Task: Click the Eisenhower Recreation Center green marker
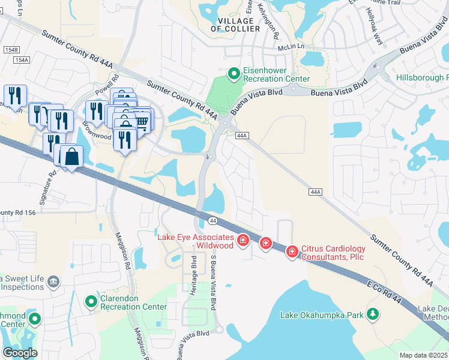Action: pos(235,73)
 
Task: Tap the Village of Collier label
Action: pos(235,25)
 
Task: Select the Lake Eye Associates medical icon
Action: pos(243,241)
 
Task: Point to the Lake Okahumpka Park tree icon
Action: pos(373,314)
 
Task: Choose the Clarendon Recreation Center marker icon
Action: pos(91,301)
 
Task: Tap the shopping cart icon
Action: pos(142,122)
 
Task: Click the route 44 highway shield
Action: pos(212,221)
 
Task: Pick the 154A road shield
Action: pos(21,60)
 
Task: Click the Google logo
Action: pos(20,352)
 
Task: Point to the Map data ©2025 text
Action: pos(424,355)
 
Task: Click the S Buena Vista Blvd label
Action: pos(213,280)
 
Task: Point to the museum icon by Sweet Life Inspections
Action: pos(53,281)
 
